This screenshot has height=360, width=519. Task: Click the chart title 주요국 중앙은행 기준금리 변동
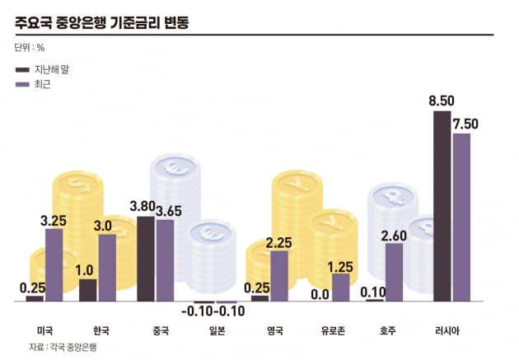click(x=102, y=21)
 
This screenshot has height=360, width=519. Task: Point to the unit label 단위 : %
click(x=30, y=48)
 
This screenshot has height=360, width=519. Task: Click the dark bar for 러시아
click(x=442, y=206)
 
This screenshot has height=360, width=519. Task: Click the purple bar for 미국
click(x=54, y=264)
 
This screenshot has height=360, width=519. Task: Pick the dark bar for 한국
click(x=87, y=290)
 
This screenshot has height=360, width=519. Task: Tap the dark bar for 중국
click(x=146, y=259)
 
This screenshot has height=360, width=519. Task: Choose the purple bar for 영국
click(x=279, y=275)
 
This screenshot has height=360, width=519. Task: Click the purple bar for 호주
click(x=394, y=272)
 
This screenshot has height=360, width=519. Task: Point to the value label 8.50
click(x=442, y=101)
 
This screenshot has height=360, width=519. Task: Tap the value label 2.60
click(x=394, y=235)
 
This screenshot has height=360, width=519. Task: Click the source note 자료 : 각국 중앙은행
click(x=63, y=347)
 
